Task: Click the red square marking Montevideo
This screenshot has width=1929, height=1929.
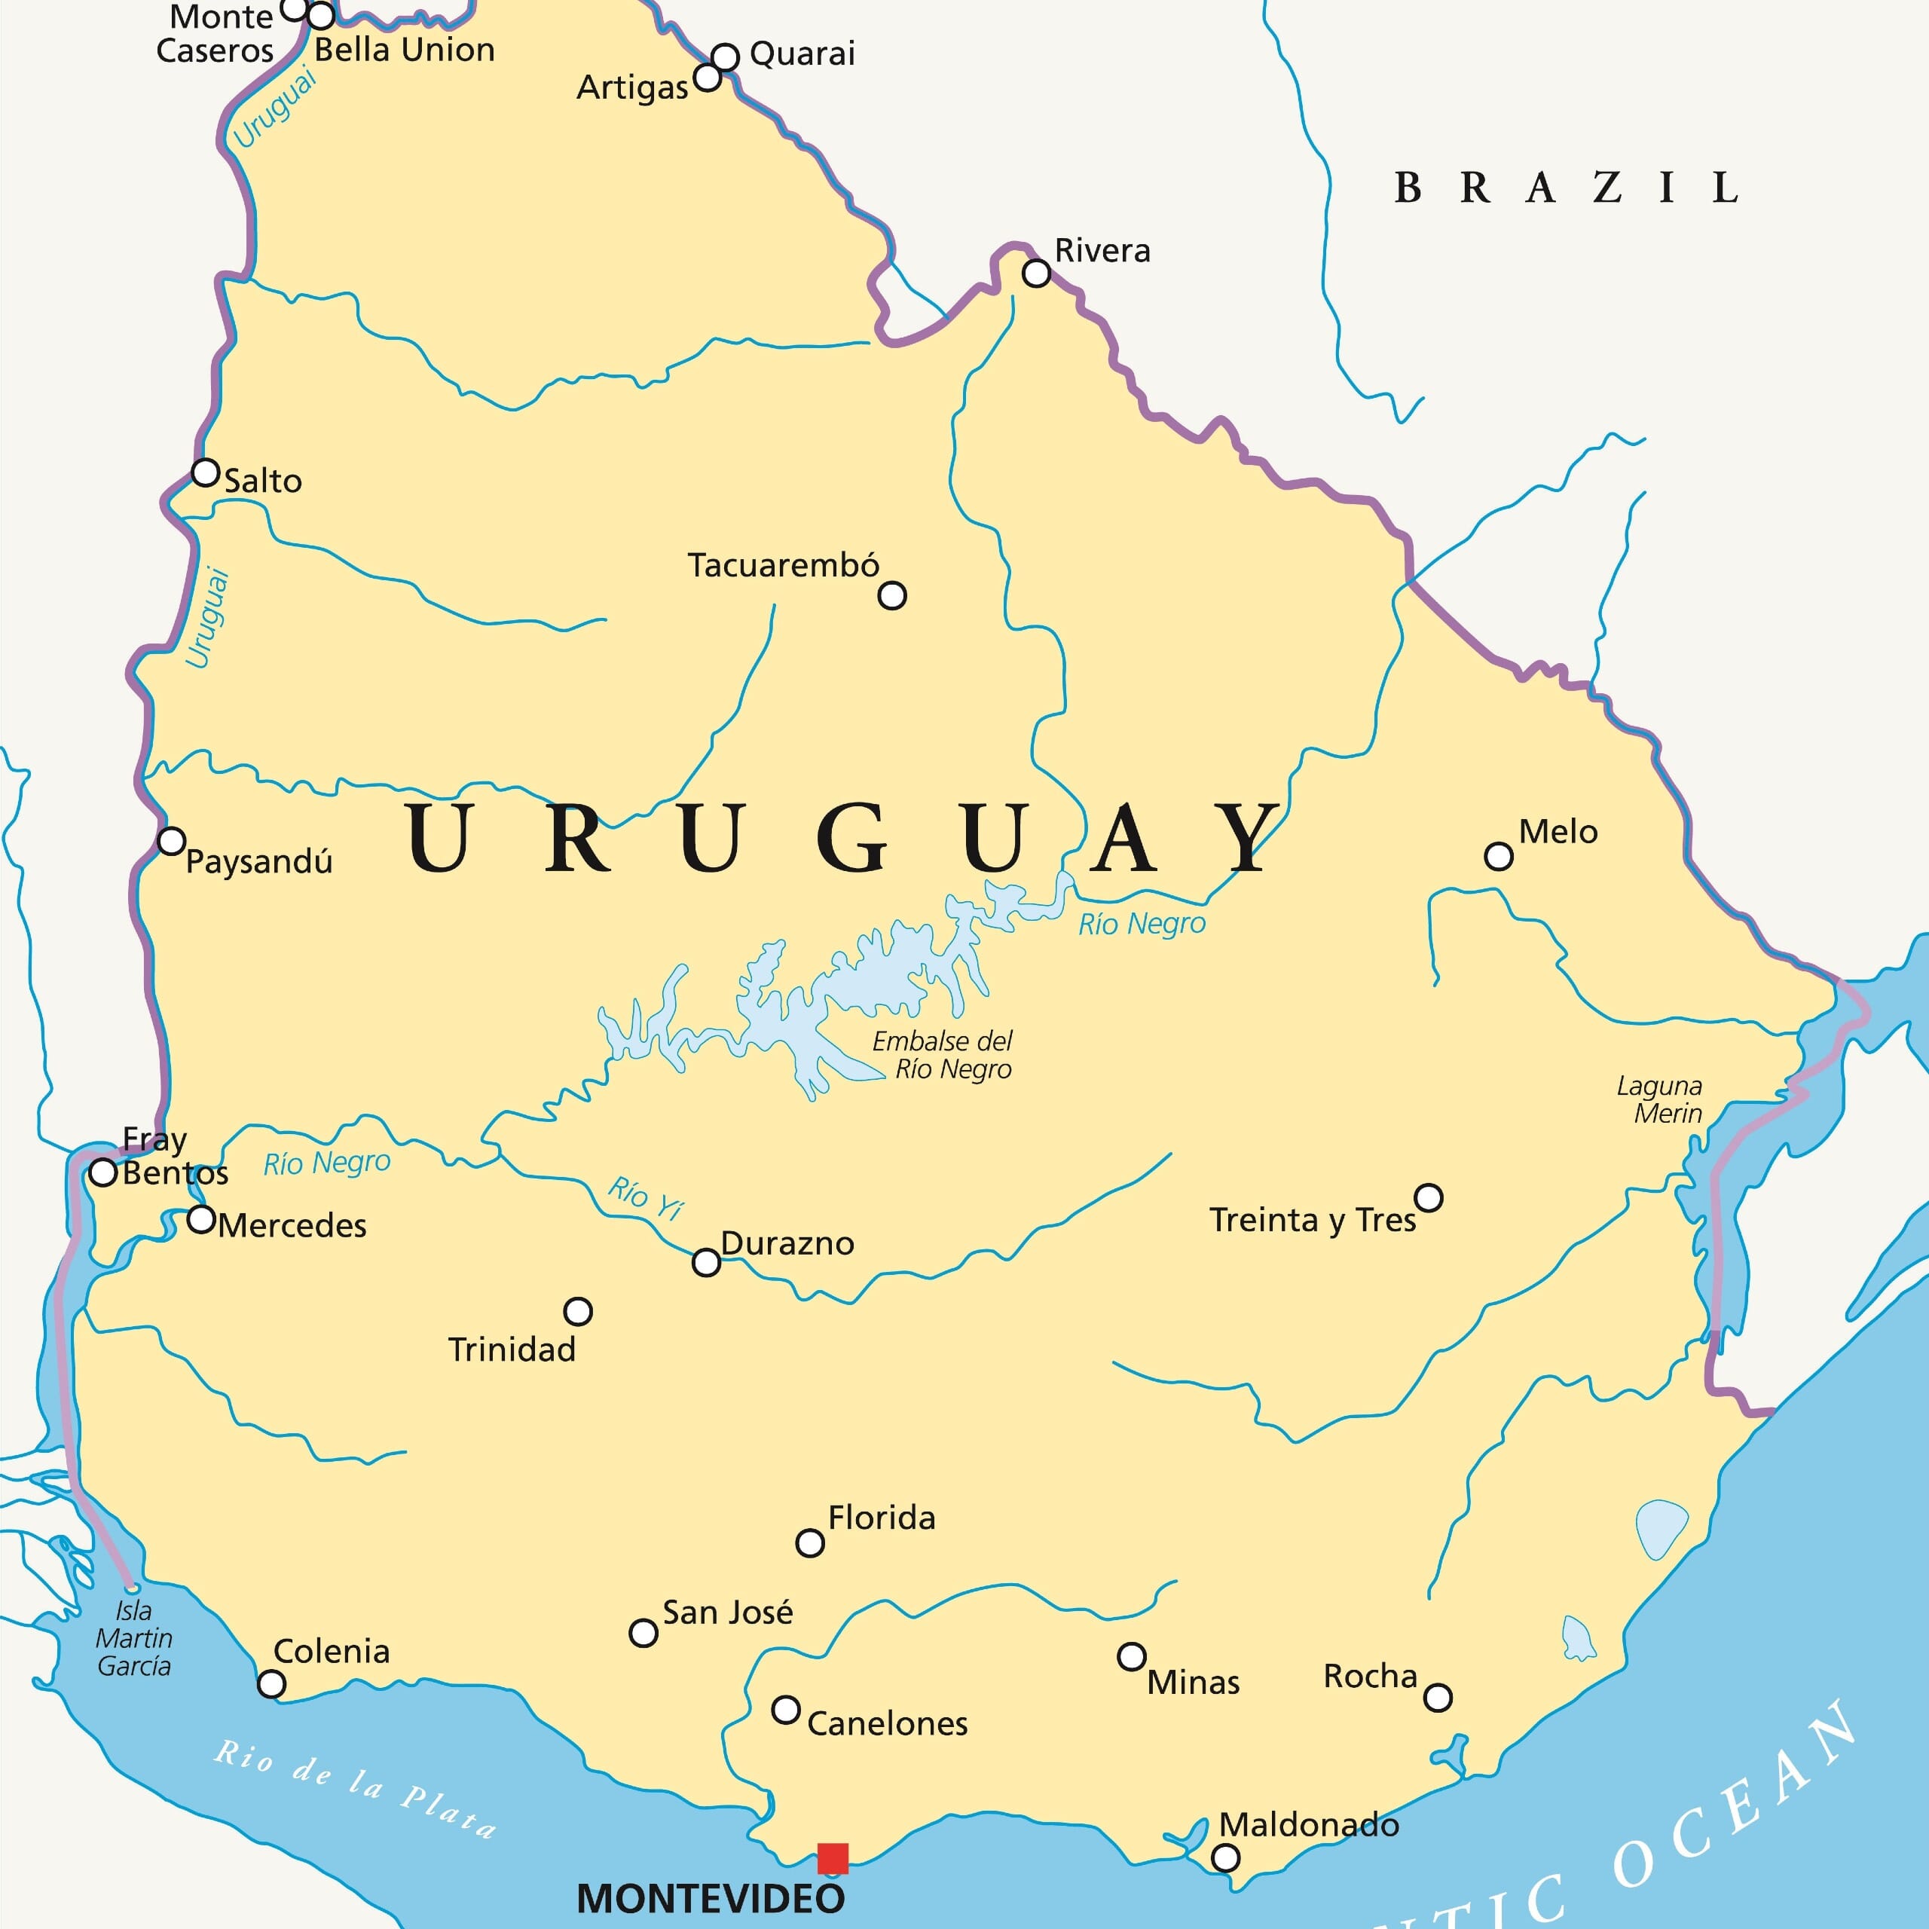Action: point(833,1858)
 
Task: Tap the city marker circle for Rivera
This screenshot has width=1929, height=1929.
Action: point(1036,273)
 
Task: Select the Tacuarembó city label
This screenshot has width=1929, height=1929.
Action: point(783,565)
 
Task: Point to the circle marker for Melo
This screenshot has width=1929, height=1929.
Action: point(1498,856)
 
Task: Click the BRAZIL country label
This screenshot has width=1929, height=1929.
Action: point(1566,188)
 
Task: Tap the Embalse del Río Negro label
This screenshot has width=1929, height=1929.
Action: point(943,1056)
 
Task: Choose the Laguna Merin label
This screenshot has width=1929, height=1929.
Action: point(1658,1099)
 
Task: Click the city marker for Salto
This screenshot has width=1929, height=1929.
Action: point(206,472)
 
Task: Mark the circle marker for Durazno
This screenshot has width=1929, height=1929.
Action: point(706,1262)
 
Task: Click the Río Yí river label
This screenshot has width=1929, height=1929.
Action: point(646,1197)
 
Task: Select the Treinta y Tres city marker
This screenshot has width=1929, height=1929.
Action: point(1429,1197)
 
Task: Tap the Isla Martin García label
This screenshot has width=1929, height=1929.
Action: point(134,1638)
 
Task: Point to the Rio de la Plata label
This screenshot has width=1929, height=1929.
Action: point(354,1787)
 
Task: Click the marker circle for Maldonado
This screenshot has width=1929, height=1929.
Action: point(1225,1857)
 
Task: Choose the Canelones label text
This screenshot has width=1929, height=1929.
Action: point(887,1723)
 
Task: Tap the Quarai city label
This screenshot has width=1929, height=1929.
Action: point(802,54)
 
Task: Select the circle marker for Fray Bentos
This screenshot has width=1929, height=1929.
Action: point(102,1172)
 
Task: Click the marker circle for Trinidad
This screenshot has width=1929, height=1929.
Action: point(578,1311)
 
